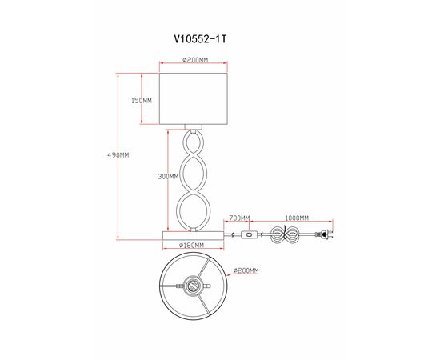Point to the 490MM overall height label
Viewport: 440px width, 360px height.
tap(118, 155)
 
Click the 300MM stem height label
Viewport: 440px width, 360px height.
tap(168, 178)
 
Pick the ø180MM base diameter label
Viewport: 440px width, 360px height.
tap(192, 245)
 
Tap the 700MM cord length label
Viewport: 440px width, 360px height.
tap(239, 218)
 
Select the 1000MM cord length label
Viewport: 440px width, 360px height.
tap(298, 218)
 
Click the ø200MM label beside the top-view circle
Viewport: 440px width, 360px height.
tap(246, 271)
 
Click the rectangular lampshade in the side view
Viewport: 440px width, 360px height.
tap(196, 99)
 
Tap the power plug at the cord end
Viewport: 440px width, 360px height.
tap(326, 235)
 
